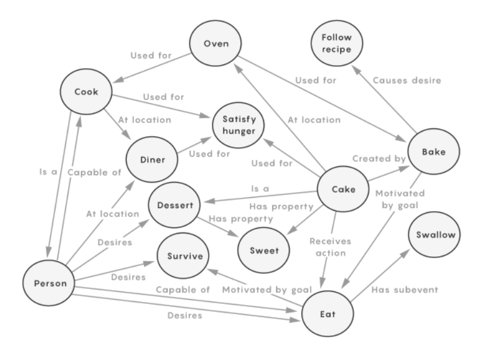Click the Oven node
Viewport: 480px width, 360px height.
coord(215,45)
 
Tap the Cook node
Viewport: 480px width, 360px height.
coord(87,93)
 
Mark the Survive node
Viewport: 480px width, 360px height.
coord(183,255)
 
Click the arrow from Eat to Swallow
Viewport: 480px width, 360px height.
coord(381,274)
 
